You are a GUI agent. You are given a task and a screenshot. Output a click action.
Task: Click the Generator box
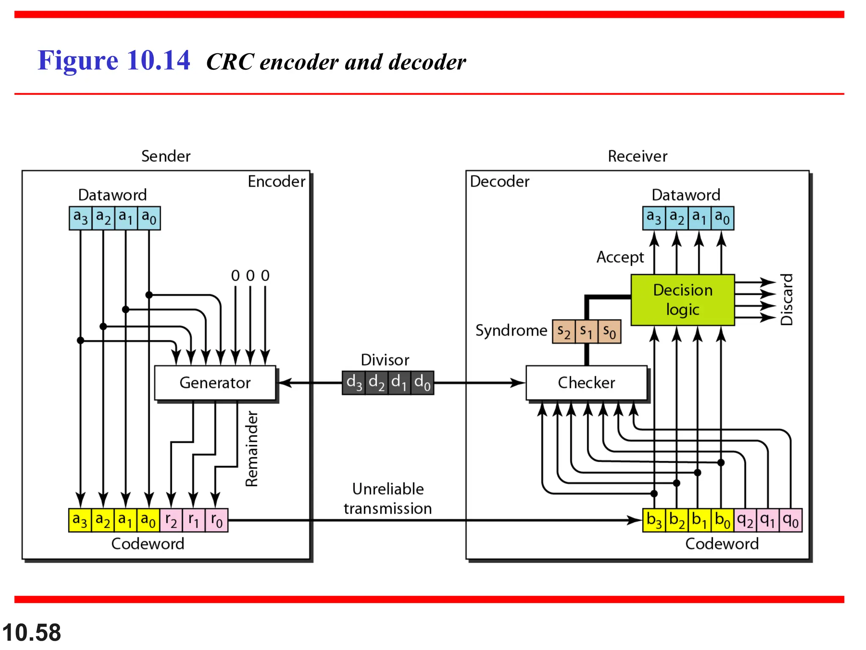click(x=215, y=383)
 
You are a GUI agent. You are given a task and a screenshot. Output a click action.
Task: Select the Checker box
click(x=586, y=383)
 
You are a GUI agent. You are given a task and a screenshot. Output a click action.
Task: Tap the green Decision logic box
click(x=682, y=300)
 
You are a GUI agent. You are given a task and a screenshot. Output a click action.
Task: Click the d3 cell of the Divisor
click(x=354, y=383)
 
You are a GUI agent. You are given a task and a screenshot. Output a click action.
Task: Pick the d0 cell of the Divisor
click(x=422, y=383)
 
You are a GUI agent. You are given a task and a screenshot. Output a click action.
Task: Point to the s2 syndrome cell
click(x=564, y=331)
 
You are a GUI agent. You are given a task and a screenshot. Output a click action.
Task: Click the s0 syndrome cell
click(x=609, y=331)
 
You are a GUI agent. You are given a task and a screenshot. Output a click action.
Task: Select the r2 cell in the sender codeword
click(x=171, y=520)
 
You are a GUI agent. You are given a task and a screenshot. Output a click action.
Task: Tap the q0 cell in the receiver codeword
click(x=790, y=520)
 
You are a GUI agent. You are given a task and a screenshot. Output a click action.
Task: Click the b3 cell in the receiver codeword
click(x=654, y=520)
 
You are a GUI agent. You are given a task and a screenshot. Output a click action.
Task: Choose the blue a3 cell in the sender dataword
click(x=80, y=218)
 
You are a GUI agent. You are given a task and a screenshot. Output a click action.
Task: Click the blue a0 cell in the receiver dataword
click(x=722, y=218)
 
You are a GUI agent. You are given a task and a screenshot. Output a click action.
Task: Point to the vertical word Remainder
click(x=252, y=449)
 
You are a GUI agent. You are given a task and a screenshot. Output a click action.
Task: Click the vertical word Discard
click(x=787, y=300)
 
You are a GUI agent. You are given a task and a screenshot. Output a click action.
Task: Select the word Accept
click(x=620, y=257)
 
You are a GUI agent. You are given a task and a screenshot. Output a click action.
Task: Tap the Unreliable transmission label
click(x=388, y=499)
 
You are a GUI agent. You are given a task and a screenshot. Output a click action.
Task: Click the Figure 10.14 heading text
click(x=114, y=60)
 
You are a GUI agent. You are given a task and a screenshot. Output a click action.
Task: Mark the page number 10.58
click(x=32, y=633)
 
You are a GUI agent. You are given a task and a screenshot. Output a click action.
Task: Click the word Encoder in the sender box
click(x=276, y=182)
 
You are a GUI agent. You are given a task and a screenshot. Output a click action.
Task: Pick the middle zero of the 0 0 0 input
click(x=250, y=276)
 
